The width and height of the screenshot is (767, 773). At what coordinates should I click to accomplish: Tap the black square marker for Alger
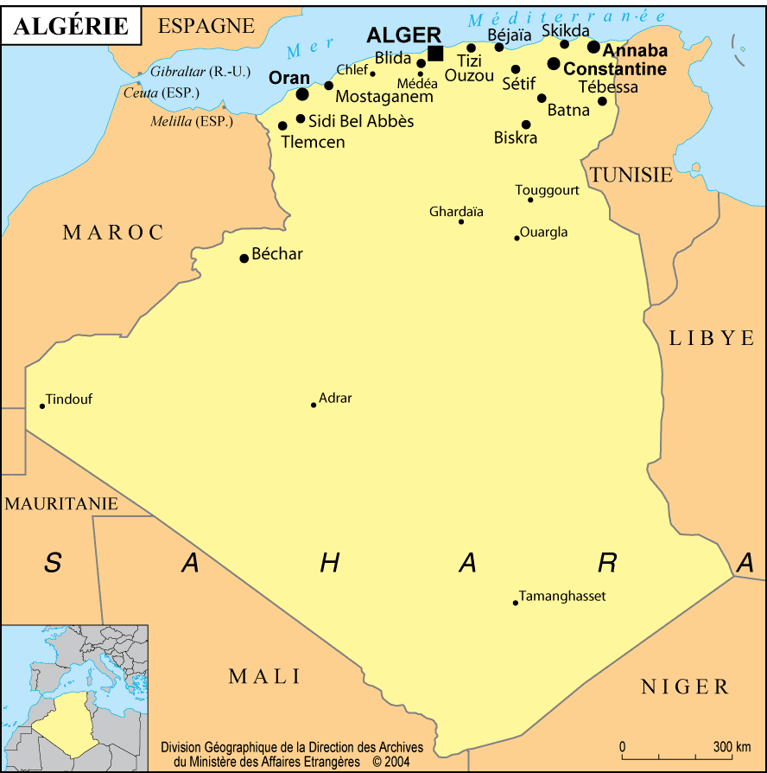tap(435, 54)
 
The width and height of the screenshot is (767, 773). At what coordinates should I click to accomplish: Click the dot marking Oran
tap(302, 93)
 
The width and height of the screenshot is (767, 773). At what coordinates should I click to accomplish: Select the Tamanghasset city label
tap(562, 597)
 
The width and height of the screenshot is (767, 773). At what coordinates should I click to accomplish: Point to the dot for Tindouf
tap(41, 406)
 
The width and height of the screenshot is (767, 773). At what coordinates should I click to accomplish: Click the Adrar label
tap(335, 399)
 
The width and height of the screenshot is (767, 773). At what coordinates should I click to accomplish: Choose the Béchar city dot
tap(244, 258)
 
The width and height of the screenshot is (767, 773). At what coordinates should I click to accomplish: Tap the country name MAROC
tap(113, 232)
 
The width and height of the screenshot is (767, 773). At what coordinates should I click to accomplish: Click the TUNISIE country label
tap(631, 175)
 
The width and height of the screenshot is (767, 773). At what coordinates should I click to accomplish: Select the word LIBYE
tap(712, 338)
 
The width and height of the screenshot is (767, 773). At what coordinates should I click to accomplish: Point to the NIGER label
tap(685, 687)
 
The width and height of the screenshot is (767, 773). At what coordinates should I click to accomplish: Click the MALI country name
tap(264, 676)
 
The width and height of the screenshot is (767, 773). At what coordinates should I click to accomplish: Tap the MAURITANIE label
tap(61, 503)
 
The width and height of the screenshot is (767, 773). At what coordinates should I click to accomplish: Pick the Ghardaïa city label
tap(456, 212)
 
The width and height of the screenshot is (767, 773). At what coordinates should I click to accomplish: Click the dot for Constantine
tap(554, 63)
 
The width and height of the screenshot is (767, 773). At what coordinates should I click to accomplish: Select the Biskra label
tap(516, 137)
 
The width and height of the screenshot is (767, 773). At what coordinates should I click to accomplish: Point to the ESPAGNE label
tap(206, 26)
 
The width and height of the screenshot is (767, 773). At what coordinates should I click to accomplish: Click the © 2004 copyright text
tap(391, 762)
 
